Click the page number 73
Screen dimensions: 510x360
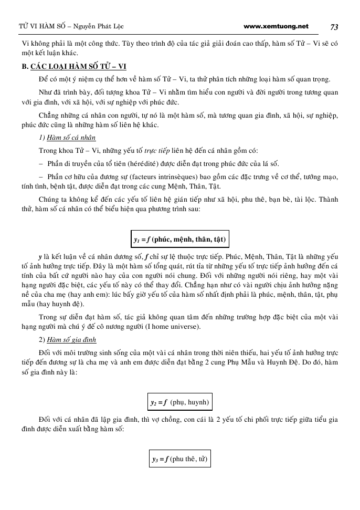pyautogui.click(x=334, y=27)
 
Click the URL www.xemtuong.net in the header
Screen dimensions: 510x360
pyautogui.click(x=276, y=26)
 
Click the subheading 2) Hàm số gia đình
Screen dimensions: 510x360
pyautogui.click(x=68, y=339)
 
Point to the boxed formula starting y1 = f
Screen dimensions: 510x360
pyautogui.click(x=179, y=240)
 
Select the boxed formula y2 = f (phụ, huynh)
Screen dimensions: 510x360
pyautogui.click(x=179, y=403)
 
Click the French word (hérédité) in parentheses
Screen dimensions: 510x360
pyautogui.click(x=138, y=163)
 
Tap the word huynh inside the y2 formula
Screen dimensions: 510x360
pyautogui.click(x=198, y=403)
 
